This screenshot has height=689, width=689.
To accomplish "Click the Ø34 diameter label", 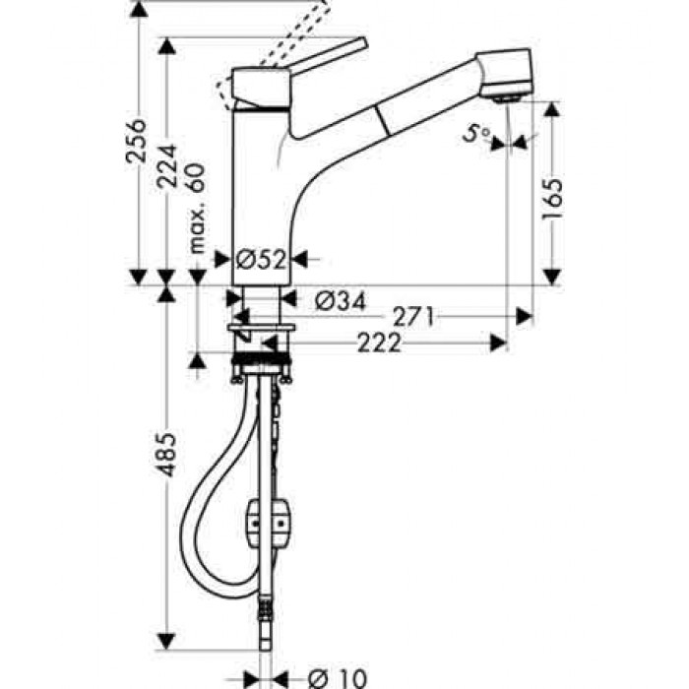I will coord(340,300).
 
